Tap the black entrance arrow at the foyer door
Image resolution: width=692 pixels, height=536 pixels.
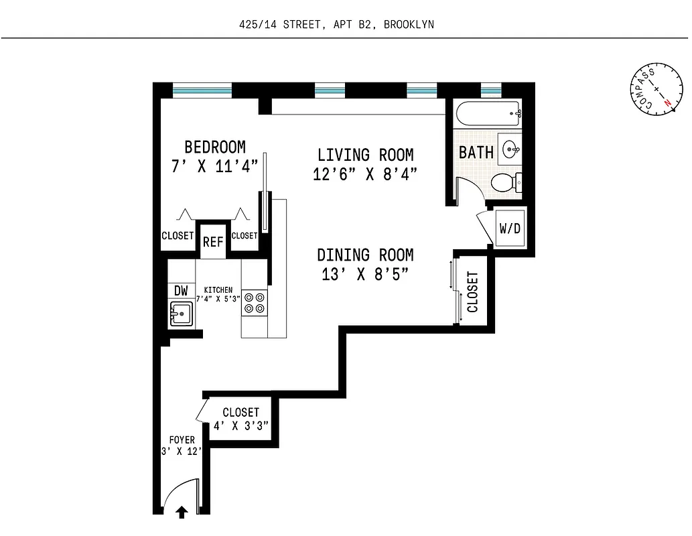(180, 513)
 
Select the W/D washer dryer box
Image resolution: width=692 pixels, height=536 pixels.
(509, 227)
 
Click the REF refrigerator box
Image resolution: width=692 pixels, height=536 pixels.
(213, 242)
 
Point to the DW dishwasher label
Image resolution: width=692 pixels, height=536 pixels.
(181, 291)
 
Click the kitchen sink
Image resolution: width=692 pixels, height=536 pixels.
(181, 313)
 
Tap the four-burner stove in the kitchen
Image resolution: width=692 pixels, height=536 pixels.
(254, 303)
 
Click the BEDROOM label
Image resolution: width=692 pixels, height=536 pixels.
(215, 147)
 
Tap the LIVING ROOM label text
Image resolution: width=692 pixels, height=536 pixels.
(365, 155)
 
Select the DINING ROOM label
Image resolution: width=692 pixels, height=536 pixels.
(365, 255)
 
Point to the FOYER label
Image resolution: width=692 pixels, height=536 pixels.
(181, 440)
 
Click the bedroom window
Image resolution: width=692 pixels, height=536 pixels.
(202, 90)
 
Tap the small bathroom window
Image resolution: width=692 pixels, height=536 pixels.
(491, 90)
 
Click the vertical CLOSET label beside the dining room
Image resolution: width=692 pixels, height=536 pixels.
(473, 292)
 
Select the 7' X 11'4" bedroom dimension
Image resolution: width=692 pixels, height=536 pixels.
(215, 166)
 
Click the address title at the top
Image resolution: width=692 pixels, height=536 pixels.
(336, 25)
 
